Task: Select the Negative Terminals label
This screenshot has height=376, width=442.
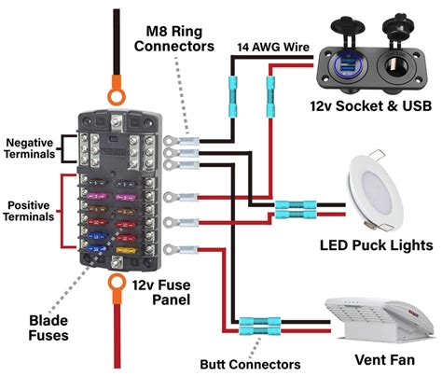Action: [30, 148]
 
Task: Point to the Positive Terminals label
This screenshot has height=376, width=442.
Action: [31, 211]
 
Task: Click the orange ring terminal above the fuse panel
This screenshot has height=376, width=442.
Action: [117, 94]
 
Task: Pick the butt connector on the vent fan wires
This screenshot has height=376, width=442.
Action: [253, 327]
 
